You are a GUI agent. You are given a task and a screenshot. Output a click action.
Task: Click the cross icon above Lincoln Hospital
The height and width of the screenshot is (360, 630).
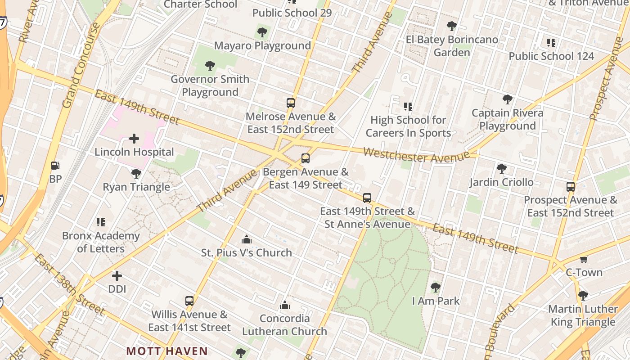pyautogui.click(x=134, y=139)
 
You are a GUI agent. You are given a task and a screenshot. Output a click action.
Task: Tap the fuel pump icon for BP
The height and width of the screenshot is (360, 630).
pyautogui.click(x=55, y=166)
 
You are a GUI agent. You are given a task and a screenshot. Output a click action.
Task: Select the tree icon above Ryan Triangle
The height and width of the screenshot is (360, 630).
pyautogui.click(x=136, y=173)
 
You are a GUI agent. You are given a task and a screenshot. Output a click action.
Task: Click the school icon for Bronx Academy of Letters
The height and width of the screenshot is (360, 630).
pyautogui.click(x=101, y=222)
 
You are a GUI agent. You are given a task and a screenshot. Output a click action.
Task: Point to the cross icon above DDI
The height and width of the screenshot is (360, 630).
pyautogui.click(x=117, y=275)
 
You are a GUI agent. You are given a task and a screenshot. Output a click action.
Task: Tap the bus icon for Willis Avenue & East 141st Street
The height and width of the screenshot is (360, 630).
pyautogui.click(x=189, y=301)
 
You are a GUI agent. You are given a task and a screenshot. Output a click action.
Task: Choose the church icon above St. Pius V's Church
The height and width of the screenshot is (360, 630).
pyautogui.click(x=246, y=239)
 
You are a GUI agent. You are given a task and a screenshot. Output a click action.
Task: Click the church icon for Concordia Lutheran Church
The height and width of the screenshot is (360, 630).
pyautogui.click(x=284, y=305)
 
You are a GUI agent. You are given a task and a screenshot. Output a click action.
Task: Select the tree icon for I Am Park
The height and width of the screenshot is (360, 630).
pyautogui.click(x=435, y=287)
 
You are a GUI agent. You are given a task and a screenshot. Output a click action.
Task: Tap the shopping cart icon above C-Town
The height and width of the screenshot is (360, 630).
pyautogui.click(x=584, y=259)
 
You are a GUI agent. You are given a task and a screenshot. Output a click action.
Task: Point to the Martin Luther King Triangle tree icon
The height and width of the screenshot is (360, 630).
pyautogui.click(x=583, y=296)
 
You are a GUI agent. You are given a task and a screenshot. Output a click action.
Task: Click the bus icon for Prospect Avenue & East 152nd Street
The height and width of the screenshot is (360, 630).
pyautogui.click(x=570, y=186)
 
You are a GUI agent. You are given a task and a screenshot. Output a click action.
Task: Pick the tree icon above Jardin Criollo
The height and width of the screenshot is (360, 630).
pyautogui.click(x=501, y=169)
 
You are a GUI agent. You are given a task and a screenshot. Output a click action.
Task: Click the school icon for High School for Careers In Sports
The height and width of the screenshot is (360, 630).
pyautogui.click(x=408, y=107)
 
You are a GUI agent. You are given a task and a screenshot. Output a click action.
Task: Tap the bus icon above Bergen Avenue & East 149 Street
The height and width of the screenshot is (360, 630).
pyautogui.click(x=306, y=158)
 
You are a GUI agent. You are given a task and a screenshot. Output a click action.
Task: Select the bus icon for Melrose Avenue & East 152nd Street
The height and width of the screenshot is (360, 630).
pyautogui.click(x=291, y=103)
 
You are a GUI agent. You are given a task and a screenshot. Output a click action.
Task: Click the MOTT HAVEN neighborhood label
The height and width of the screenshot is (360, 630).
pyautogui.click(x=167, y=351)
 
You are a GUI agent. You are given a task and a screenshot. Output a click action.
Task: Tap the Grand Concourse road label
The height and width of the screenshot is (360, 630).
pyautogui.click(x=81, y=66)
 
